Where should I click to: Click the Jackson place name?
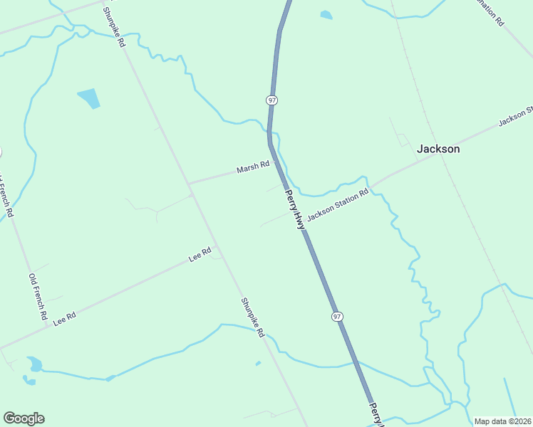(438, 149)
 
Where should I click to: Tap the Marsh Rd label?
(253, 168)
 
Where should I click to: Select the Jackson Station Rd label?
(338, 204)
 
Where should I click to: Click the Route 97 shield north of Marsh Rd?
(271, 100)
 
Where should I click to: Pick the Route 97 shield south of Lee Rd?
(337, 315)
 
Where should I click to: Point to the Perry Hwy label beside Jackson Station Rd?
(294, 209)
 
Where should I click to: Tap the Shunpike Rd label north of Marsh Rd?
(113, 27)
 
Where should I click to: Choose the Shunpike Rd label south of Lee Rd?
(252, 317)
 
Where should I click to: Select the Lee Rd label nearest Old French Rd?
(64, 318)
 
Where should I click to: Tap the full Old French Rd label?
(38, 296)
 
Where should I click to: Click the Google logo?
(24, 418)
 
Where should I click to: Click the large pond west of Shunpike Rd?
(88, 98)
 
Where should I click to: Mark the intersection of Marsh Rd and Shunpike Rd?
(190, 184)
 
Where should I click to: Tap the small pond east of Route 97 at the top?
(326, 14)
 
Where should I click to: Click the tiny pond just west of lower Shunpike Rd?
(258, 364)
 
